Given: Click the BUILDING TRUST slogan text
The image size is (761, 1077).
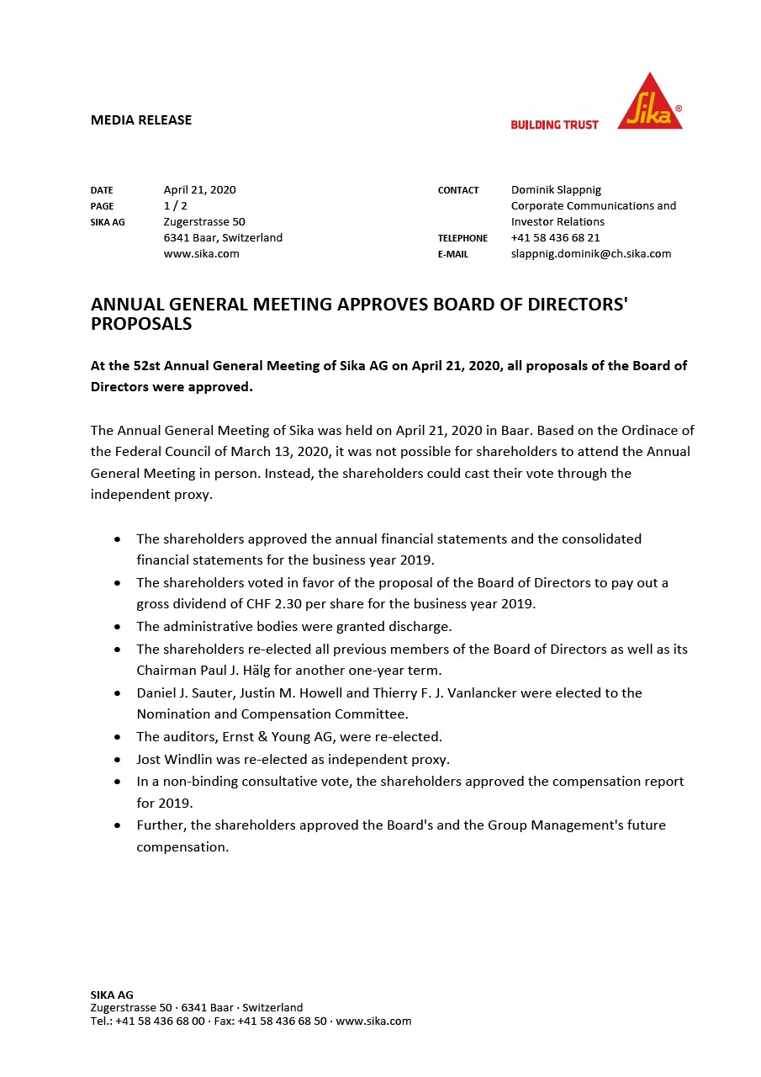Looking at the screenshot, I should coord(554,125).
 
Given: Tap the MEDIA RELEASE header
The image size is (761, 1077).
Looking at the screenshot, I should coord(141,120).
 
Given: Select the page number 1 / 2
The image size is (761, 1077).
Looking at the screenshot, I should coord(175,206).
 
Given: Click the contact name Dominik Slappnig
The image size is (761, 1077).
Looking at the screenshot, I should coord(556,190).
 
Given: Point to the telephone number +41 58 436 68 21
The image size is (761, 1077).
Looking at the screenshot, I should coord(555,238).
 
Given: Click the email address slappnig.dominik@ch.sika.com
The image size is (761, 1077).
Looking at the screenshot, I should coord(590,254).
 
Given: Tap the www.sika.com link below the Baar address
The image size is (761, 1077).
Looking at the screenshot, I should coord(201,254).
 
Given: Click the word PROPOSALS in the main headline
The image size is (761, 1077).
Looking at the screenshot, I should coord(141,324).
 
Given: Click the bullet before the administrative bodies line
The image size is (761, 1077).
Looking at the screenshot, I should coord(117,627).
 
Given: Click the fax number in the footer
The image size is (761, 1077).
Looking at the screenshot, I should coord(282,1021).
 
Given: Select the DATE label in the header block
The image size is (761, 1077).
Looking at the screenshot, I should coord(102,190).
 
